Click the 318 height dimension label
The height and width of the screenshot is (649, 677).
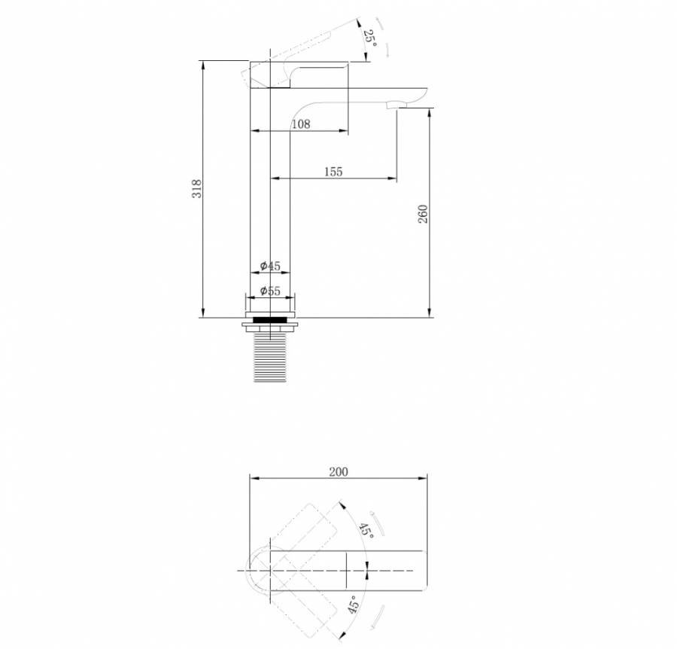tap(196, 189)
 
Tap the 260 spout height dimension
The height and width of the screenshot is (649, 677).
tap(423, 214)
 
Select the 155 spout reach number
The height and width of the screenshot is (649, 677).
tap(333, 172)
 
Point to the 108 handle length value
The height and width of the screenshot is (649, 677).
tap(301, 124)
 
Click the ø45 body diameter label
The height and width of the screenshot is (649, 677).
tap(270, 267)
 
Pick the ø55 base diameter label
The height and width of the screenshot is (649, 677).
tap(270, 291)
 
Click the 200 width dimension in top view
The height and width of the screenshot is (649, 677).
tap(338, 472)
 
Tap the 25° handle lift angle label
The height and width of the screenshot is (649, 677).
tap(369, 38)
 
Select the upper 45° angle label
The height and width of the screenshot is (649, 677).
tap(366, 530)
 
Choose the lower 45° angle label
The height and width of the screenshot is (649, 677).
tap(354, 605)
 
